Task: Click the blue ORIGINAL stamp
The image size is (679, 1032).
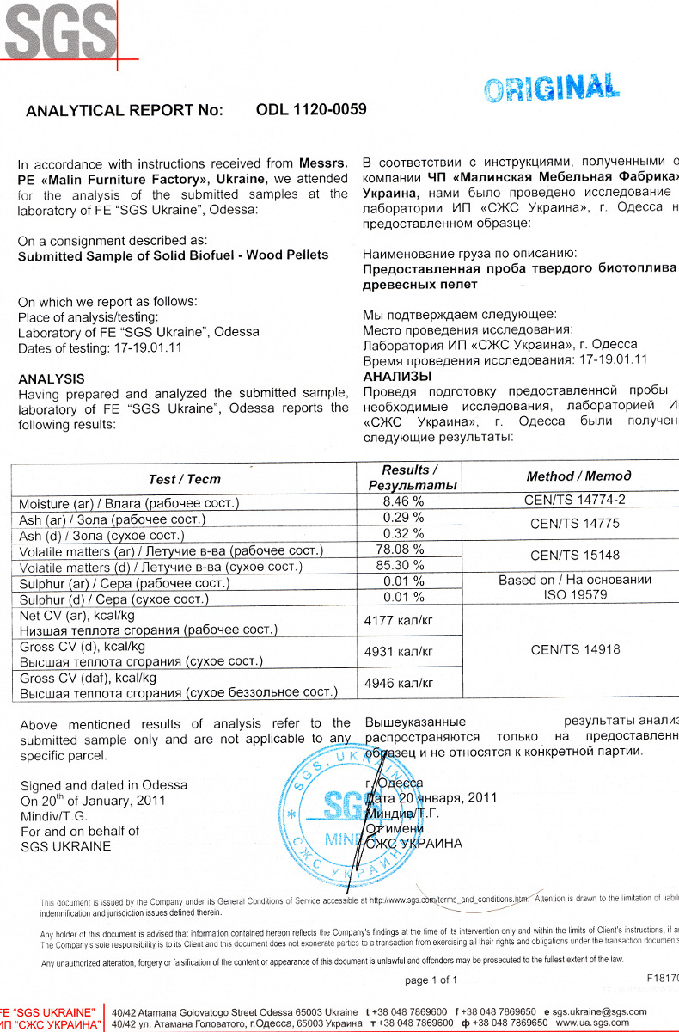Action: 551,88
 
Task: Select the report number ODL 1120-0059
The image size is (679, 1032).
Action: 311,109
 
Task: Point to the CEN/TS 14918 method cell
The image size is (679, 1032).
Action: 575,649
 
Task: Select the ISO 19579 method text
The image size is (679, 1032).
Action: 575,594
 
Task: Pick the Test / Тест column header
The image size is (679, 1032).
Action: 184,479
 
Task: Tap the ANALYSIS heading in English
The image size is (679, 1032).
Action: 52,378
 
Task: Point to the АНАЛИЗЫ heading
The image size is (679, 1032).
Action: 397,376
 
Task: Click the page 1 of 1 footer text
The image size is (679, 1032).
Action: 431,980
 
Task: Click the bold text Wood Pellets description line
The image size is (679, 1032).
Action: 173,255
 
